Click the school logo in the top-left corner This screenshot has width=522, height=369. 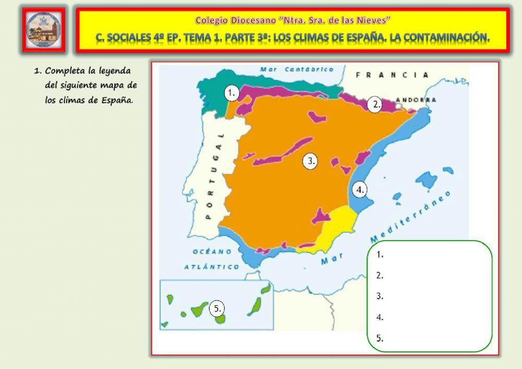[x=44, y=30]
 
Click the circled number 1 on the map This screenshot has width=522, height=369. [x=232, y=93]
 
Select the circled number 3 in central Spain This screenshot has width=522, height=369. [x=310, y=161]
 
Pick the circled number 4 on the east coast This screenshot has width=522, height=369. [x=359, y=190]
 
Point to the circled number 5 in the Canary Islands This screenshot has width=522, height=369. [x=217, y=308]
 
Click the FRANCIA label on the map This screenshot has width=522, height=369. [x=391, y=75]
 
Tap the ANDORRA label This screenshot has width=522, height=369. [x=417, y=100]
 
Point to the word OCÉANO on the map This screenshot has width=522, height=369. [x=212, y=252]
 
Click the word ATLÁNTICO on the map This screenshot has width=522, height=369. [x=211, y=267]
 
